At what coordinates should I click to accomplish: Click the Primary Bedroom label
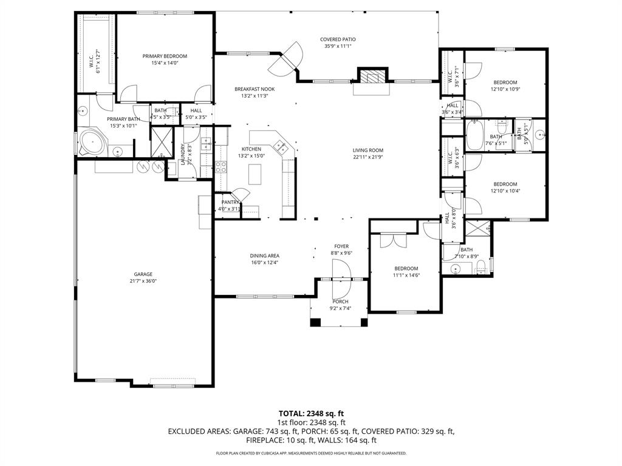coord(165,56)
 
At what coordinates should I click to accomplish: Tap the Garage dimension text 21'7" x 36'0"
coord(143,281)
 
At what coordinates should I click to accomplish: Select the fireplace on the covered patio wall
coord(371,76)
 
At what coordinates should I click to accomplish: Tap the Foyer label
coord(341,246)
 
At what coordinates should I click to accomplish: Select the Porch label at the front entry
coord(340,302)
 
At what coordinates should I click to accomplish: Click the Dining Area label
coord(264,255)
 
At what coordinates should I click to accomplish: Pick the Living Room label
coord(368,150)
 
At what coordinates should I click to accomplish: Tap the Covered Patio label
coord(338,39)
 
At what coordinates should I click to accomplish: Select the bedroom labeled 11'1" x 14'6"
coord(406,268)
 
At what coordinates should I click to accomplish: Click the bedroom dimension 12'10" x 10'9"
coord(505,89)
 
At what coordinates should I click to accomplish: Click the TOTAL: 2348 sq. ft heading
coord(311,413)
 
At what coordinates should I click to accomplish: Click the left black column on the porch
coord(315,322)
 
